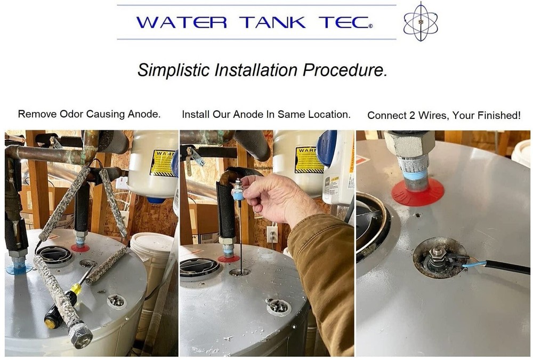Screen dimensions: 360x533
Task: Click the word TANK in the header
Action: (x=272, y=22)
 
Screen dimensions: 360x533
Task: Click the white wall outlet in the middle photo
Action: (x=272, y=234)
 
